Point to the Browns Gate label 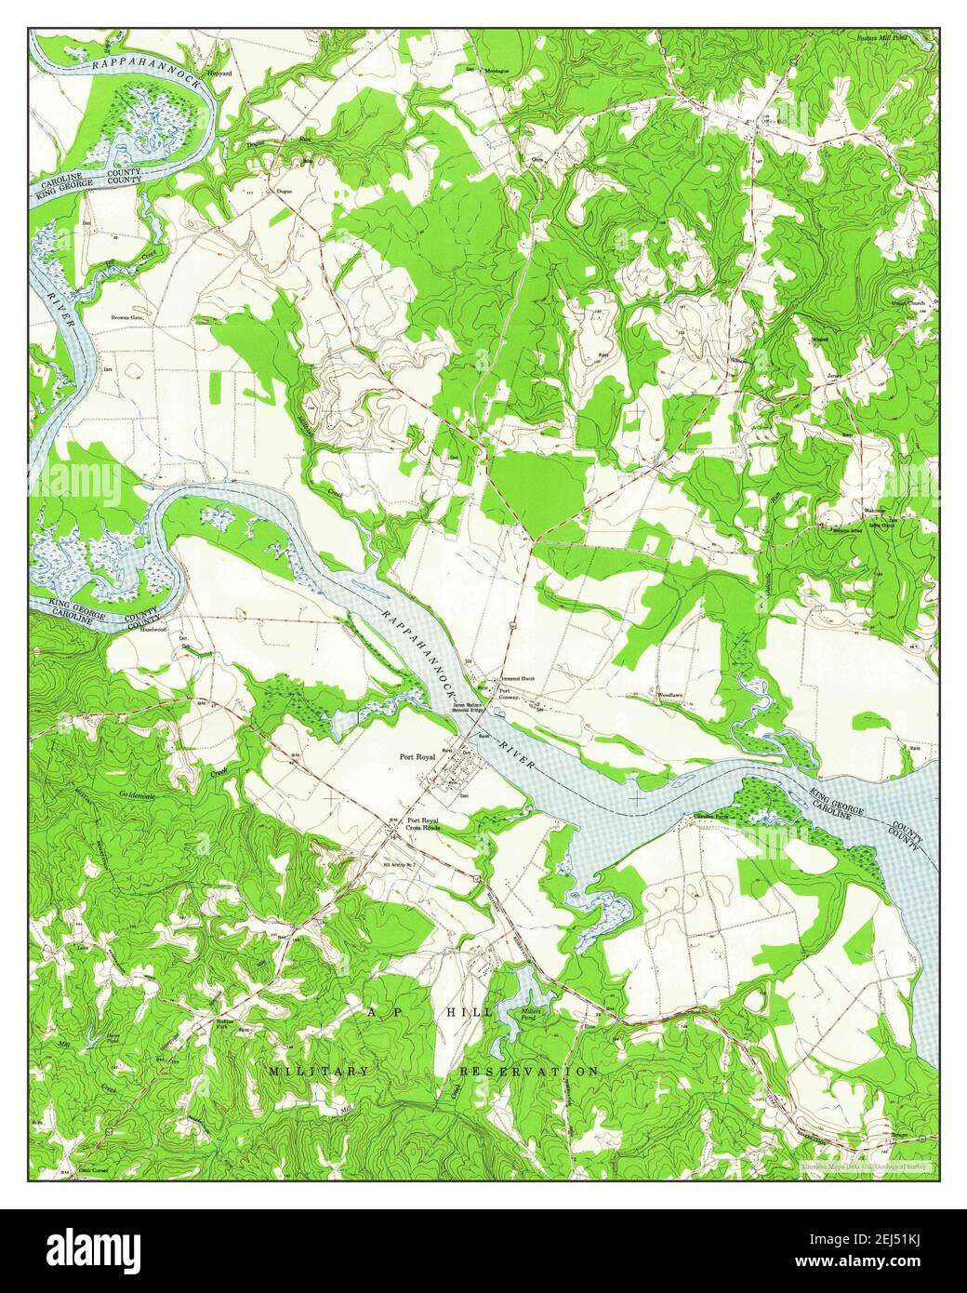pos(134,318)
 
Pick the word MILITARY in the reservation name pos(318,1072)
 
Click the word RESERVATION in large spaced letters pos(529,1072)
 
